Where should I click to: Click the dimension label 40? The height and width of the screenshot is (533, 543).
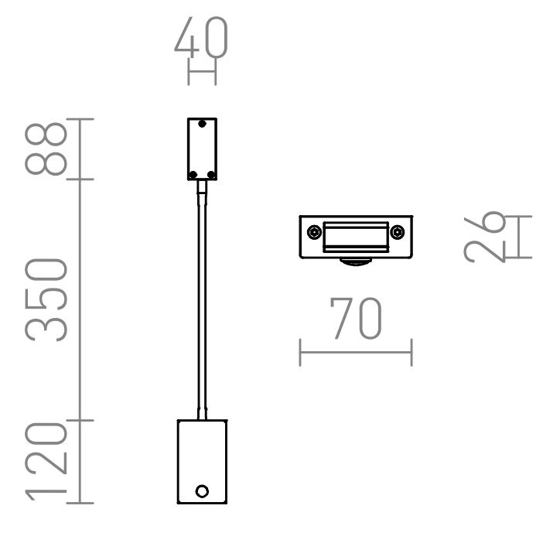click(x=201, y=36)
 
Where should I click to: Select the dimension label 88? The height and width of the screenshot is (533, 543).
click(x=46, y=149)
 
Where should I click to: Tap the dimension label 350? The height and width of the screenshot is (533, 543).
click(x=46, y=300)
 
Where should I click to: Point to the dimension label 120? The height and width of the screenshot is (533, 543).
click(x=46, y=462)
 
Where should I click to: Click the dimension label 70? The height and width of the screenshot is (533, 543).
click(x=356, y=318)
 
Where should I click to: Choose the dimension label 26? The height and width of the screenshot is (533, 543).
click(x=485, y=237)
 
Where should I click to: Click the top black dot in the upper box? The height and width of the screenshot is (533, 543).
click(x=202, y=124)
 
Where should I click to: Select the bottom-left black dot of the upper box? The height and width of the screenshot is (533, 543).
click(x=193, y=175)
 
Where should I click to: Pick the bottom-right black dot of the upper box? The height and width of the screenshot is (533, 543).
click(x=211, y=175)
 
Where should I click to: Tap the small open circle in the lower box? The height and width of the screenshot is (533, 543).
click(x=202, y=491)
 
